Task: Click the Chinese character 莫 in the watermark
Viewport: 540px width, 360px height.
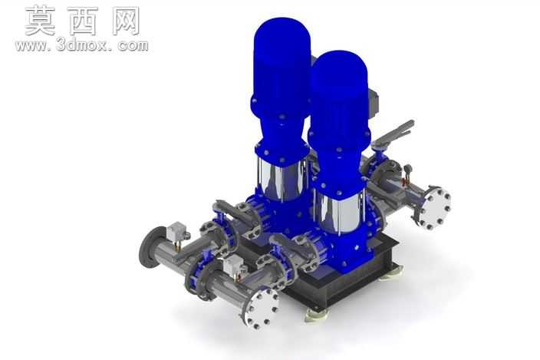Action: click(x=41, y=21)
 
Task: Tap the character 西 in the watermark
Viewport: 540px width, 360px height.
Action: click(x=82, y=21)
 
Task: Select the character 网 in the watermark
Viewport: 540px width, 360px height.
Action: click(x=126, y=21)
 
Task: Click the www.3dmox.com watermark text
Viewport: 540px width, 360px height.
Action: click(x=81, y=45)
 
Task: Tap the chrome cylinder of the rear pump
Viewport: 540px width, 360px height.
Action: click(x=282, y=180)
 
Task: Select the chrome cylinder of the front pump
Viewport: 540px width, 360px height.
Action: click(x=339, y=210)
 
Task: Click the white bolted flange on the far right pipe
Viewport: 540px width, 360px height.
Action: click(x=436, y=208)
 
